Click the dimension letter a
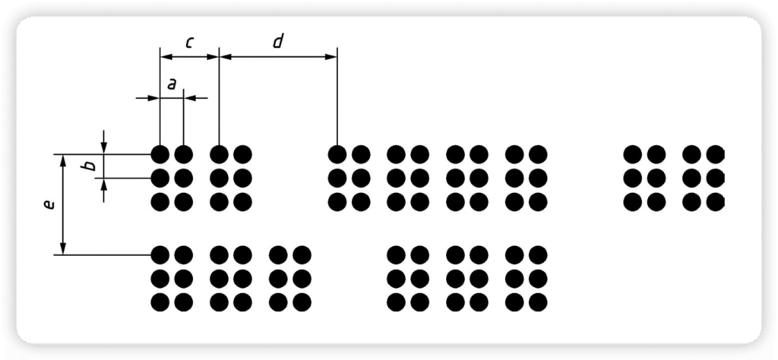tap(171, 85)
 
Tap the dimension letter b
tap(90, 166)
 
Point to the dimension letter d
tap(277, 43)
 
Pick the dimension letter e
tap(49, 204)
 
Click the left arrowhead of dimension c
tap(165, 56)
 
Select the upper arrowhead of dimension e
tap(63, 159)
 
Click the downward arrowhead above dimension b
tap(104, 149)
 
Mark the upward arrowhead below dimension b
tap(104, 184)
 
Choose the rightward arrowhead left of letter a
tap(154, 98)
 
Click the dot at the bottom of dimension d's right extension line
tap(337, 154)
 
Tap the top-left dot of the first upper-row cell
tap(160, 154)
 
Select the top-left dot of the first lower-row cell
tap(160, 254)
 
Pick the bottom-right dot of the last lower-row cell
tap(537, 302)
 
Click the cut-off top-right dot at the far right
tap(715, 154)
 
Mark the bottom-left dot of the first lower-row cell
tap(160, 302)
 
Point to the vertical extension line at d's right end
tap(337, 99)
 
